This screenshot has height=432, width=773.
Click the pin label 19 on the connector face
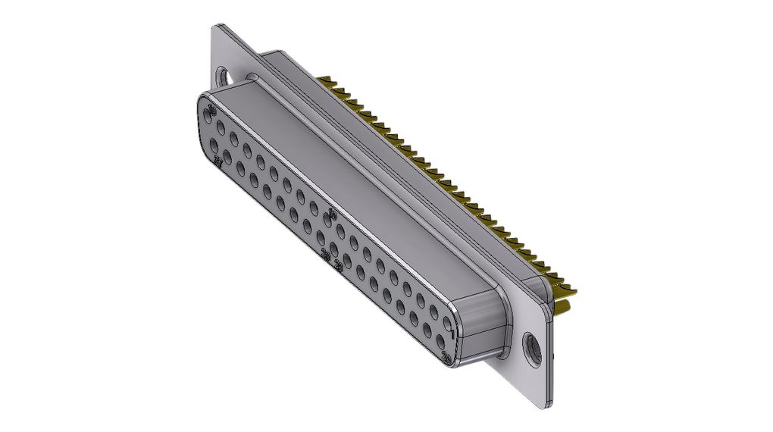211,111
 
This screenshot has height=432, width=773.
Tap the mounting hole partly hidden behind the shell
224,77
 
